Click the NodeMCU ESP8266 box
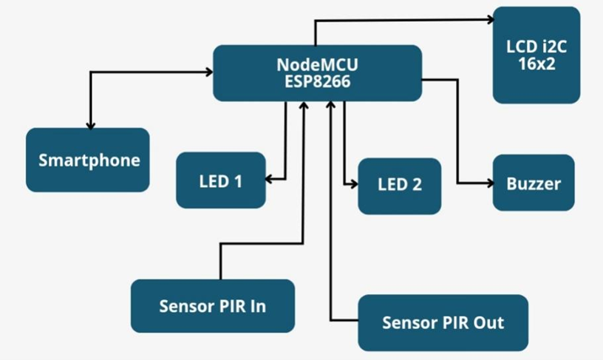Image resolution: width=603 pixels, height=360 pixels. pyautogui.click(x=317, y=73)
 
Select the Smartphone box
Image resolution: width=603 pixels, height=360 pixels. pyautogui.click(x=88, y=160)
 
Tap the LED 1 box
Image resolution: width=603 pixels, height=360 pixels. pyautogui.click(x=220, y=180)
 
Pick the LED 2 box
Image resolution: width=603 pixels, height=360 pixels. pyautogui.click(x=399, y=186)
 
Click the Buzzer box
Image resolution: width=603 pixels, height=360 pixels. pyautogui.click(x=533, y=183)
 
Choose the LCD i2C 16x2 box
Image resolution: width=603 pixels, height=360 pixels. pyautogui.click(x=536, y=55)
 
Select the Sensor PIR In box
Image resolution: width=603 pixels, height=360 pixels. pyautogui.click(x=212, y=305)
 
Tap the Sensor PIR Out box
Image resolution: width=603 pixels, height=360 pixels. pyautogui.click(x=443, y=322)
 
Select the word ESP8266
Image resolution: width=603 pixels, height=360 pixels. pyautogui.click(x=317, y=81)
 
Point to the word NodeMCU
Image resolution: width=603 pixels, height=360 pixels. pyautogui.click(x=317, y=64)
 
